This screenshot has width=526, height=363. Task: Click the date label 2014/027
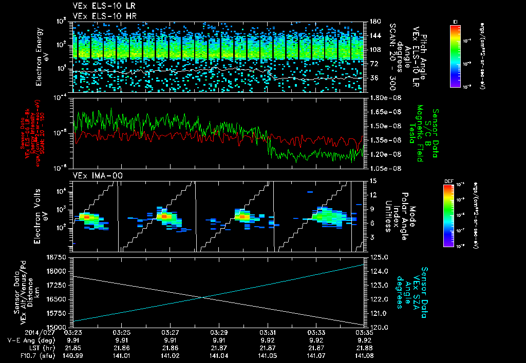[20, 332]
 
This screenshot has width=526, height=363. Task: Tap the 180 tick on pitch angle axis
[374, 21]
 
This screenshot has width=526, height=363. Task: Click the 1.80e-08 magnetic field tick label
[384, 97]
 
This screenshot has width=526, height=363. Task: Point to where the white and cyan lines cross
[202, 297]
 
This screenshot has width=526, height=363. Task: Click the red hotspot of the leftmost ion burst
[86, 217]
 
